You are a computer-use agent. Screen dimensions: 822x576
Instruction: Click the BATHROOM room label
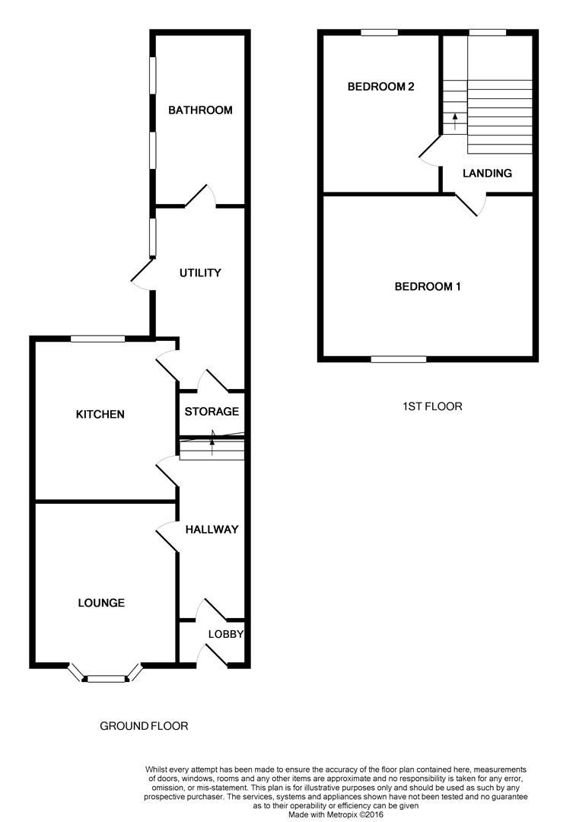200,110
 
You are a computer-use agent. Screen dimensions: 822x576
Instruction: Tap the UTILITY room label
200,272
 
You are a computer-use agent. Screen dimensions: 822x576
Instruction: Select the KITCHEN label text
100,415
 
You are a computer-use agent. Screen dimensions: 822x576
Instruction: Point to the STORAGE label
212,412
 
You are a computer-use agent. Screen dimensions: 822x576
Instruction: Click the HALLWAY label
212,530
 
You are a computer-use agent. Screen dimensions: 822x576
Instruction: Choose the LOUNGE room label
101,603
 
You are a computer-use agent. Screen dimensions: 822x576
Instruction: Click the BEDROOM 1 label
428,287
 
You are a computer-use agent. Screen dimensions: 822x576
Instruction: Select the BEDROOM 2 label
380,87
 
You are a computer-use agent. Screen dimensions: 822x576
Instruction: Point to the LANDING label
487,174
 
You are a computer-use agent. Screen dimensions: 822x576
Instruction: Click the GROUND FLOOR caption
144,726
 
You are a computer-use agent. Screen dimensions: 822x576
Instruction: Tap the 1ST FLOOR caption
432,406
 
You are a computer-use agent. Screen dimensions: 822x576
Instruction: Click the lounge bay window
105,677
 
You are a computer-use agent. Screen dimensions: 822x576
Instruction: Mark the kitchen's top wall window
97,339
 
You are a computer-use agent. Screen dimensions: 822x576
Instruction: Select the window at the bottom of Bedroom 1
399,358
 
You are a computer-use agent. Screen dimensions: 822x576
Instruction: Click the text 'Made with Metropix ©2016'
336,814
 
